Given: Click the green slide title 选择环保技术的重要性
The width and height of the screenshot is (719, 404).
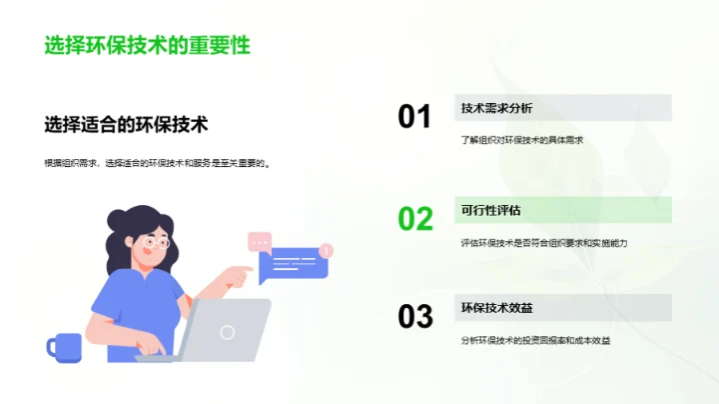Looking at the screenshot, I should tap(147, 45).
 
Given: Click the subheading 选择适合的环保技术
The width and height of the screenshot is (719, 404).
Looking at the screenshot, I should tap(126, 125).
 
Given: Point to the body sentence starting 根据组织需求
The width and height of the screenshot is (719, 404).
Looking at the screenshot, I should tap(158, 163).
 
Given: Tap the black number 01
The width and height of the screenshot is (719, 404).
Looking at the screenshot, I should tap(414, 117).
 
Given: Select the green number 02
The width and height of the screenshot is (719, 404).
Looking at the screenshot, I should tap(415, 218).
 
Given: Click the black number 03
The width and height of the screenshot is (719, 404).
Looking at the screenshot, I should tap(415, 317).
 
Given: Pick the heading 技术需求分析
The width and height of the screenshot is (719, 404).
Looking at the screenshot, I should tap(496, 108).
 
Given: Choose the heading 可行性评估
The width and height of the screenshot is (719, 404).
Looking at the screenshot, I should tap(489, 210).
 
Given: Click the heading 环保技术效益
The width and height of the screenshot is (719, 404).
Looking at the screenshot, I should tap(496, 308).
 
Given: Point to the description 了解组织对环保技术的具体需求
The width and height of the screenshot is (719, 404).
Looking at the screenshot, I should tap(521, 140).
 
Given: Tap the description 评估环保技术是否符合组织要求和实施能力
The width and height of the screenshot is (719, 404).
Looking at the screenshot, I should tap(543, 242).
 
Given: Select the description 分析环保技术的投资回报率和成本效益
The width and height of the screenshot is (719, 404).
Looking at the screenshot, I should tap(535, 341).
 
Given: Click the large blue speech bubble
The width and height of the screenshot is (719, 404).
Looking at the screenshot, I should tap(292, 265).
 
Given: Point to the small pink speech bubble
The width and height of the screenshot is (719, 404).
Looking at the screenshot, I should tap(260, 241).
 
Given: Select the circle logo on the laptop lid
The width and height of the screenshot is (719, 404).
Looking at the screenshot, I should tap(228, 331).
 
